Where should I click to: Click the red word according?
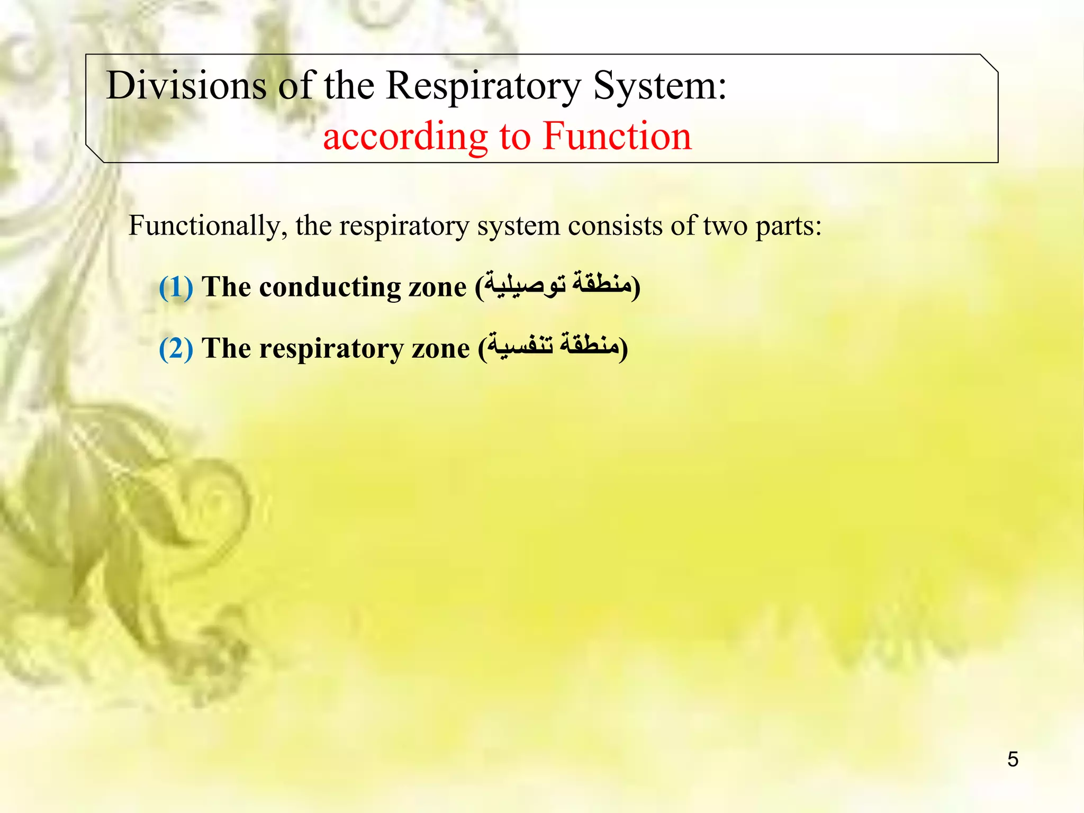[x=405, y=137]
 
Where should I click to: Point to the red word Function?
[x=617, y=136]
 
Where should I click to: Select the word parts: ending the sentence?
[x=789, y=227]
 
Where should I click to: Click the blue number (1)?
[x=176, y=287]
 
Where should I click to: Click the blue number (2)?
[x=176, y=348]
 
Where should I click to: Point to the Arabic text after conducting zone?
[x=558, y=286]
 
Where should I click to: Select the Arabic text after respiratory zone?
[x=553, y=347]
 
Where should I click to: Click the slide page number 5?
[x=1013, y=760]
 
